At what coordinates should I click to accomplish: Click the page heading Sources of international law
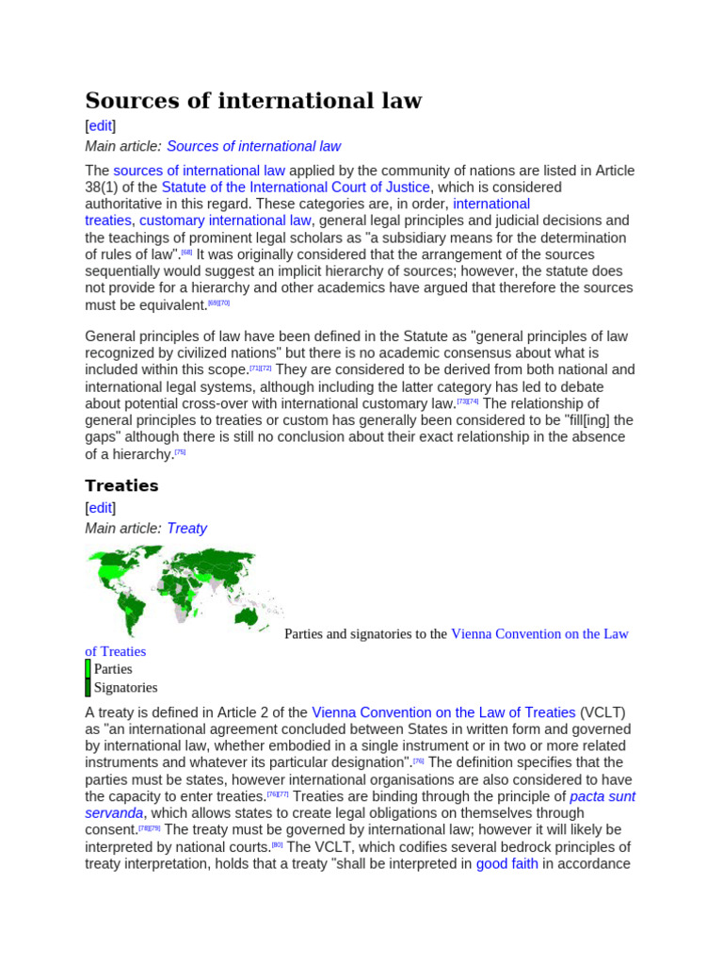pyautogui.click(x=253, y=100)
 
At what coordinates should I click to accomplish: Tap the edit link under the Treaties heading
pyautogui.click(x=100, y=508)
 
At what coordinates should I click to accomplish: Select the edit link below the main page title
pyautogui.click(x=100, y=125)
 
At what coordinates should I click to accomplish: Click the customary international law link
pyautogui.click(x=225, y=221)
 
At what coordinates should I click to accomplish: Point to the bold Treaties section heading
pyautogui.click(x=121, y=485)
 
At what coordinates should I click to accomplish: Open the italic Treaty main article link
pyautogui.click(x=186, y=529)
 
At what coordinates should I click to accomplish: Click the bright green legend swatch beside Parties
pyautogui.click(x=88, y=669)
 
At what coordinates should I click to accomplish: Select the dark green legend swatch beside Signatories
pyautogui.click(x=88, y=688)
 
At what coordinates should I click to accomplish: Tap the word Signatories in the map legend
pyautogui.click(x=125, y=688)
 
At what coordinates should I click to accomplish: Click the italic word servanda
pyautogui.click(x=114, y=813)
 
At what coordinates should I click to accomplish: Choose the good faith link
pyautogui.click(x=506, y=863)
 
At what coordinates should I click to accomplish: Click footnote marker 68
pyautogui.click(x=187, y=253)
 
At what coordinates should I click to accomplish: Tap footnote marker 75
pyautogui.click(x=181, y=452)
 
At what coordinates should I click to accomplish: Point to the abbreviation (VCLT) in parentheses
pyautogui.click(x=602, y=712)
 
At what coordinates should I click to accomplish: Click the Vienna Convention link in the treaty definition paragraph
pyautogui.click(x=443, y=712)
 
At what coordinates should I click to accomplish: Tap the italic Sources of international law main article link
pyautogui.click(x=253, y=146)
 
